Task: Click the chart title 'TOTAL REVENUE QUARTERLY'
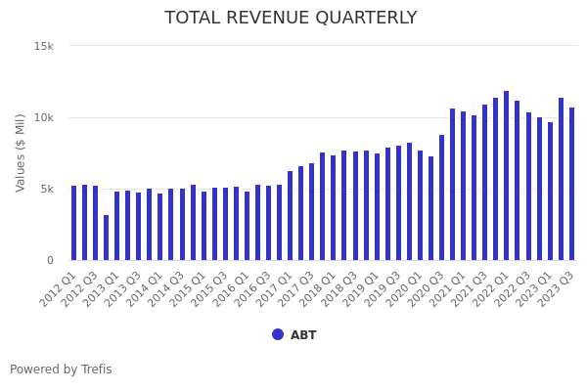click(291, 18)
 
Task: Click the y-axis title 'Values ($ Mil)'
click(21, 152)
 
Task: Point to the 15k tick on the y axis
click(44, 46)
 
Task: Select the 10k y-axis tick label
click(44, 117)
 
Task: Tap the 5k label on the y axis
click(47, 189)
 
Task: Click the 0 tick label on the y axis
click(50, 260)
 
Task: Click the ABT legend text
click(303, 335)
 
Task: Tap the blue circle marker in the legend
click(278, 334)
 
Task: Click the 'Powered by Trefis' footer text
click(61, 369)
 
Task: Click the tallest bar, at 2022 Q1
click(506, 176)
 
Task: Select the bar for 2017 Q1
click(290, 216)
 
